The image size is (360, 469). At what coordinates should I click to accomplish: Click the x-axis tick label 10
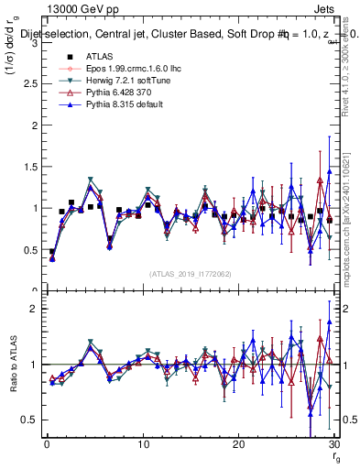pos(142,444)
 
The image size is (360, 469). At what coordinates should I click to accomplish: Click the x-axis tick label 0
pos(47,444)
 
